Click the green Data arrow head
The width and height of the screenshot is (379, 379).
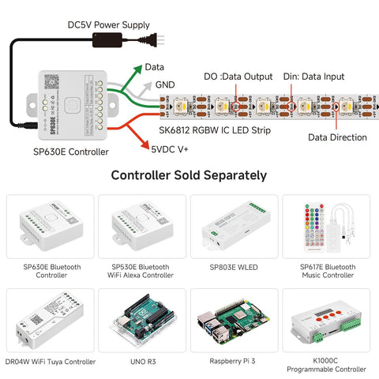point(138,69)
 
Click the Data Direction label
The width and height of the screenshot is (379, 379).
point(337,137)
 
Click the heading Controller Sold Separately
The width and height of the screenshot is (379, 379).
point(189,175)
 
